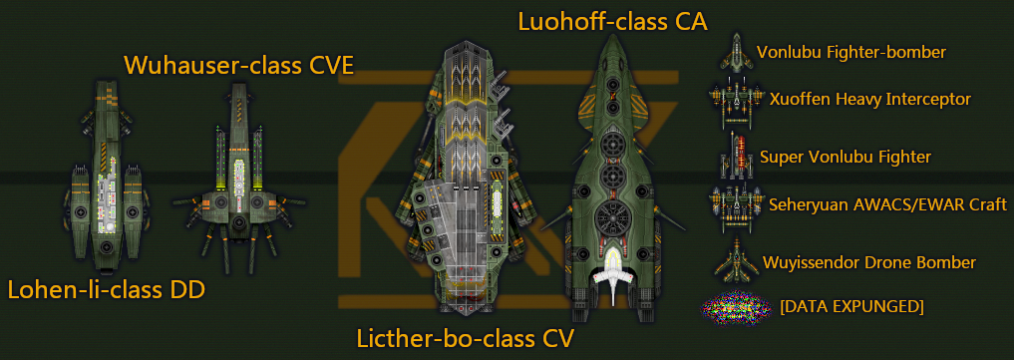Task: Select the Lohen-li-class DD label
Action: (x=107, y=290)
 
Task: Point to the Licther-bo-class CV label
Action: (x=466, y=338)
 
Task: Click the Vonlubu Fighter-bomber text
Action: (x=850, y=52)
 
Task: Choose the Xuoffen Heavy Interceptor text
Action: (x=869, y=99)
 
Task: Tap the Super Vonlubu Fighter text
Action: (x=845, y=157)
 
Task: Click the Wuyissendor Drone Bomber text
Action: (x=868, y=262)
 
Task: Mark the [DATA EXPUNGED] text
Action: (x=851, y=305)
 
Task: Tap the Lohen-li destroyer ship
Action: (x=108, y=176)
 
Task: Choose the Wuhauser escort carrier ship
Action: (x=236, y=170)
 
